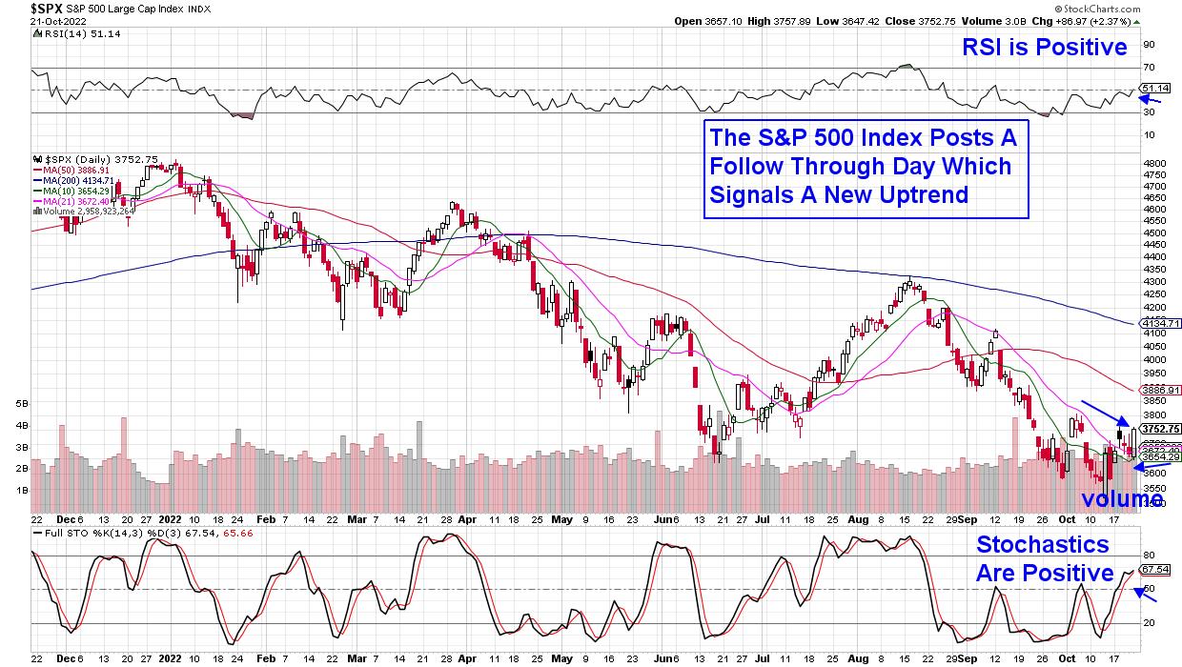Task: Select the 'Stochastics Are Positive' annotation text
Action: tap(1044, 558)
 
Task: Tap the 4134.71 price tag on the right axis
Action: tap(1160, 324)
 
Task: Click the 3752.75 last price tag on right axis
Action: tap(1160, 429)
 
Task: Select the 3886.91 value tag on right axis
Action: tap(1160, 390)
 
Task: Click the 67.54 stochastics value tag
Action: tap(1155, 570)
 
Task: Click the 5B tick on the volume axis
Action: tap(22, 404)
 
